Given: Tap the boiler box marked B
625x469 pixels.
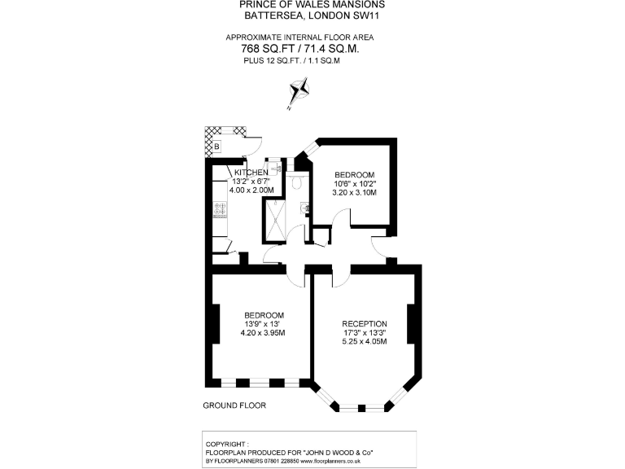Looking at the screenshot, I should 216,147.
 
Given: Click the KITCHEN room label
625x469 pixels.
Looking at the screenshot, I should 251,173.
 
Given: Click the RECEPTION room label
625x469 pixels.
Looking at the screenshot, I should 365,323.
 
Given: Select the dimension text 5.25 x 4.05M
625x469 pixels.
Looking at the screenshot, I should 364,341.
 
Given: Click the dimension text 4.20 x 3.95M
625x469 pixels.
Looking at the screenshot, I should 263,333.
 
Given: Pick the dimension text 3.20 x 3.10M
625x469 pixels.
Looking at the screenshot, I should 354,193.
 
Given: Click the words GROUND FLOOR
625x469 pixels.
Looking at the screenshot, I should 234,405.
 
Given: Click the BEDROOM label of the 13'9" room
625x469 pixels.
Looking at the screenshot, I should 264,315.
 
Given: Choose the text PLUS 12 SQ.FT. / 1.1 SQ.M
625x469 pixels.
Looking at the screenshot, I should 301,60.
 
